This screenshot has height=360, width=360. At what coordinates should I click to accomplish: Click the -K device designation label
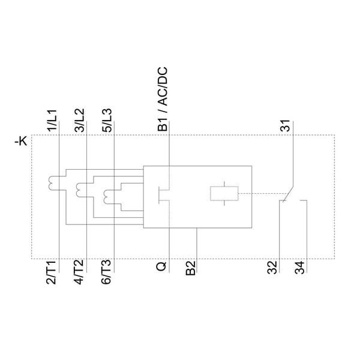(x=21, y=141)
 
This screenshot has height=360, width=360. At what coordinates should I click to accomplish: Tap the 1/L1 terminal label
(x=52, y=121)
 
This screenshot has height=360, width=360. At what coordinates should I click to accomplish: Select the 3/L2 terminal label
(x=80, y=121)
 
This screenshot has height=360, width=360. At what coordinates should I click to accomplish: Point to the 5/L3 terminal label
(x=107, y=121)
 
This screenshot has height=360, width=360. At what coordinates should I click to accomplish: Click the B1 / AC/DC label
(x=163, y=99)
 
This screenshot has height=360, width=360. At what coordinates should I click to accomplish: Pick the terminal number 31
(x=285, y=125)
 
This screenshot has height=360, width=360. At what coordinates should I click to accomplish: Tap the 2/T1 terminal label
(x=51, y=272)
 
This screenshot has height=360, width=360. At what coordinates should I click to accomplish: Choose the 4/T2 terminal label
(x=79, y=272)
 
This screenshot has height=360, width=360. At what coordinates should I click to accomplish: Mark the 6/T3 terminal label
(x=106, y=272)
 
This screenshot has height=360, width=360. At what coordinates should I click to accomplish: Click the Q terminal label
(x=161, y=266)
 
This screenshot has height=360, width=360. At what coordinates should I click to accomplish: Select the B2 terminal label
(x=191, y=268)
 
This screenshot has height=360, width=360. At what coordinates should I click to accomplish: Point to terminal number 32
(x=272, y=268)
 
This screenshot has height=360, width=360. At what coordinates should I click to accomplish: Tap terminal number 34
(x=300, y=268)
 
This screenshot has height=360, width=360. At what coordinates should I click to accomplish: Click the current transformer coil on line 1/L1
(x=51, y=183)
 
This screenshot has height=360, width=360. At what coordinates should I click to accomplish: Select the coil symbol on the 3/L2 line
(x=79, y=190)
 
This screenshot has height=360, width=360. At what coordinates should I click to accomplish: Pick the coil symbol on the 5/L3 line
(x=106, y=197)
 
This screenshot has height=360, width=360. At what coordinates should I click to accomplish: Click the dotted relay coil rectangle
(x=224, y=194)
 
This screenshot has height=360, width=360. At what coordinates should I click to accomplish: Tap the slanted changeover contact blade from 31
(x=289, y=194)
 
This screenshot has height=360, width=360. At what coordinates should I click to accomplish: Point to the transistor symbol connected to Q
(x=164, y=195)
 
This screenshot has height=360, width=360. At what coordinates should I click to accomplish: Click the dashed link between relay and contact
(x=262, y=194)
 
